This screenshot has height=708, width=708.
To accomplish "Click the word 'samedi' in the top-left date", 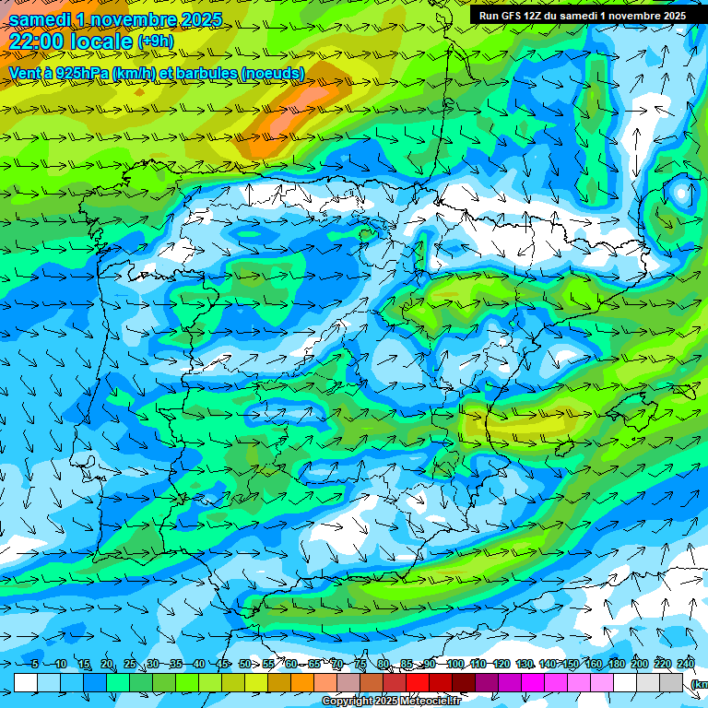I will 41,19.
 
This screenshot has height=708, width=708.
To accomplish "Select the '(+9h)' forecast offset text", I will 155,41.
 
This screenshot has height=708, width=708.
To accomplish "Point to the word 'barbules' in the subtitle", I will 199,73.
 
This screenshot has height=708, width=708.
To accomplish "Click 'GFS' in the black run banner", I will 511,16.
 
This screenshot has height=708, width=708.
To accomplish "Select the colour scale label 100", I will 454,664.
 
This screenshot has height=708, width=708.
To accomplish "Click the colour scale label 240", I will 685,664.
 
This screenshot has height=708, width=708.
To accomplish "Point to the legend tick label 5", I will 35,664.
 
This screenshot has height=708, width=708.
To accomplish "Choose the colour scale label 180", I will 616,664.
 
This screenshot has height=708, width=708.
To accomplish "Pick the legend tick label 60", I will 291,664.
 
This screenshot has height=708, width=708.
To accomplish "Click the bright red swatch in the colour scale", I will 419,682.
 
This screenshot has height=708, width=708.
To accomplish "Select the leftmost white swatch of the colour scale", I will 26,682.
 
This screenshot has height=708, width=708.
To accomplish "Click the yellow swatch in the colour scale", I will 233,682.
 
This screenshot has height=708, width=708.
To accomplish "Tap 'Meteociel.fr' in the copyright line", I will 431,702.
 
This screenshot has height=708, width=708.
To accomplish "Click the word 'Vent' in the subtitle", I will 25,73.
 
